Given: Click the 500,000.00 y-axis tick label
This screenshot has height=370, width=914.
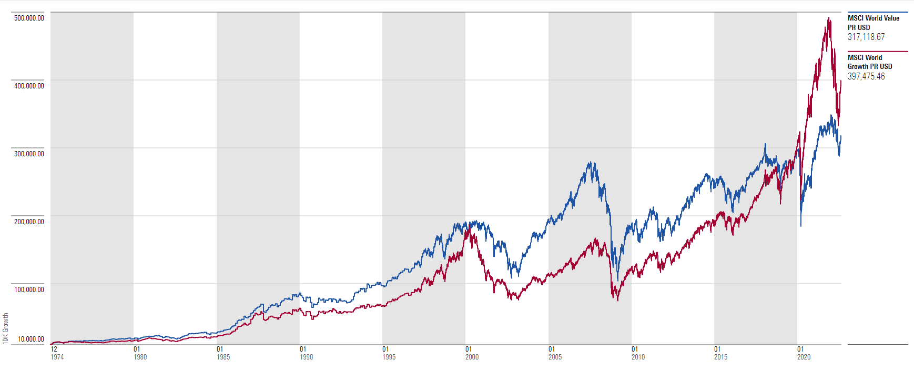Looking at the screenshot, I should [x=29, y=18].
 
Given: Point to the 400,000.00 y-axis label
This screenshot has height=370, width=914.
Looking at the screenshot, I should [x=29, y=86].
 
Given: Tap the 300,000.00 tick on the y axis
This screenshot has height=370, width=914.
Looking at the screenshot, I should [x=29, y=154].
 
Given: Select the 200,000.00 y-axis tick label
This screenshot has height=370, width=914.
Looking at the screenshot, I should [x=29, y=222].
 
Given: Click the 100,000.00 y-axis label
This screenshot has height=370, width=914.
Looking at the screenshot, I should [x=29, y=289].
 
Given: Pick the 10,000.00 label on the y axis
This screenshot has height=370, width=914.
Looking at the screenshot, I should [x=31, y=339].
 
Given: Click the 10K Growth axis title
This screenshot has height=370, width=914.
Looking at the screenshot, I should [x=6, y=328].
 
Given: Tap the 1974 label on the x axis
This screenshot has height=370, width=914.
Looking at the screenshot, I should [x=57, y=357].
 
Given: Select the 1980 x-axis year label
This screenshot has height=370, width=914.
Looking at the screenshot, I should [x=140, y=357].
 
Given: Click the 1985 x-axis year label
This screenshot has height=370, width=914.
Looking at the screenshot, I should [x=224, y=357].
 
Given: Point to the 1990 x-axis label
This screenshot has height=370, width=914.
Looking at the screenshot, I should [x=307, y=357].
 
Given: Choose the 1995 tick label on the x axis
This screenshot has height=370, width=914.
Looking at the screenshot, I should [x=389, y=357].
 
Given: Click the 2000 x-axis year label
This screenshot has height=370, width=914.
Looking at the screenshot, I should [x=472, y=357].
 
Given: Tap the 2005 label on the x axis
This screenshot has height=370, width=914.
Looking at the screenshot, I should [x=555, y=357].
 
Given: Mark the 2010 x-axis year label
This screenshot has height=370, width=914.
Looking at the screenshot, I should [x=638, y=357].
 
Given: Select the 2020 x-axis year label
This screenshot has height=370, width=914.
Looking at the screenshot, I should [x=804, y=357].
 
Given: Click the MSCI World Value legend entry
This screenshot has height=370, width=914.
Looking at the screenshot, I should [x=873, y=23].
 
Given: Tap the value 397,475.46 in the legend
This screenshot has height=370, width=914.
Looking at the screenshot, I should [x=866, y=76].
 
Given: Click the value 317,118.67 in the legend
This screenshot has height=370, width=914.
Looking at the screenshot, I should [x=866, y=37].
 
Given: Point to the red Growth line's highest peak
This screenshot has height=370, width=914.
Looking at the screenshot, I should [x=829, y=18].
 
